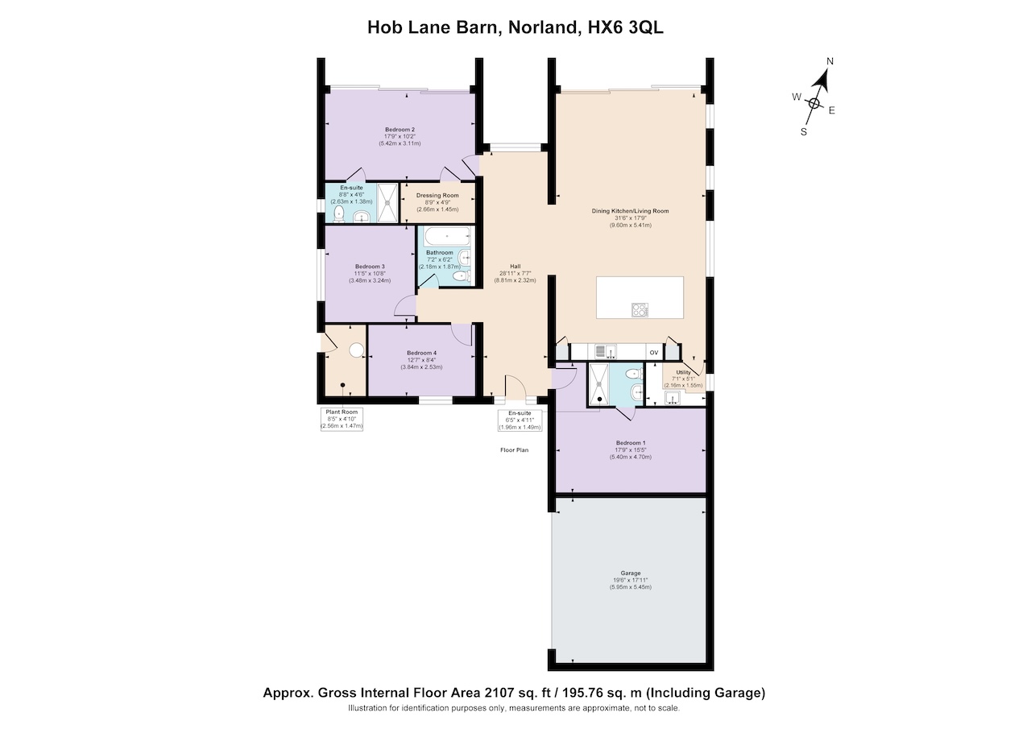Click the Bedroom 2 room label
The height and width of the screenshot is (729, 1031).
click(x=400, y=130)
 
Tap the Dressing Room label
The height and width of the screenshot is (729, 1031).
click(x=437, y=196)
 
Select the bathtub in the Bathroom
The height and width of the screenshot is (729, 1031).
click(x=447, y=236)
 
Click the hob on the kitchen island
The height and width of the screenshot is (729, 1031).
click(x=640, y=310)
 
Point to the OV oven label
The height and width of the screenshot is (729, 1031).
click(x=653, y=353)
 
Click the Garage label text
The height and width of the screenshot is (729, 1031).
click(x=631, y=573)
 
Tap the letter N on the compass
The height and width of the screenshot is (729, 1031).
click(x=830, y=61)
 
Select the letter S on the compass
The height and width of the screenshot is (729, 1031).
click(x=804, y=132)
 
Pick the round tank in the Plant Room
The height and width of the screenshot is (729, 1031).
click(x=357, y=350)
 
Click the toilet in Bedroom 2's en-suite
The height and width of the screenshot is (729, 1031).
click(x=339, y=213)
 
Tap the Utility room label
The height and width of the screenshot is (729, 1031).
click(x=683, y=372)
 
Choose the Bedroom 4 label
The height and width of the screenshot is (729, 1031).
click(x=421, y=353)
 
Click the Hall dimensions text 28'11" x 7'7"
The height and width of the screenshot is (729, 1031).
click(x=515, y=273)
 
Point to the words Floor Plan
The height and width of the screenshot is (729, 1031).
click(x=514, y=449)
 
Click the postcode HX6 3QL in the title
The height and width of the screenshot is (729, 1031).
click(x=625, y=27)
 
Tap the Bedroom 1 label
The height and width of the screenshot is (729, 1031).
click(x=631, y=443)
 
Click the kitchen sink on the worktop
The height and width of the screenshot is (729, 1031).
click(x=607, y=352)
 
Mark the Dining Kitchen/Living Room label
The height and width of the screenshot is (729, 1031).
click(x=630, y=211)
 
